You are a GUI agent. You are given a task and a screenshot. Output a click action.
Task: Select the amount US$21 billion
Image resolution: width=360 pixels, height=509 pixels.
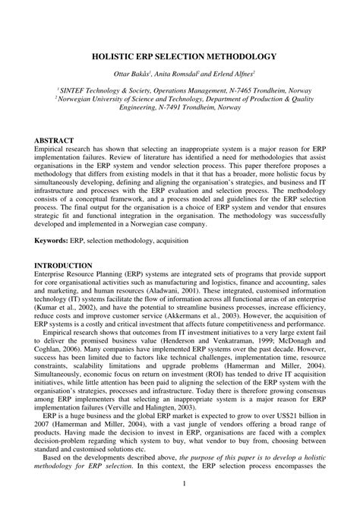[298, 425]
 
